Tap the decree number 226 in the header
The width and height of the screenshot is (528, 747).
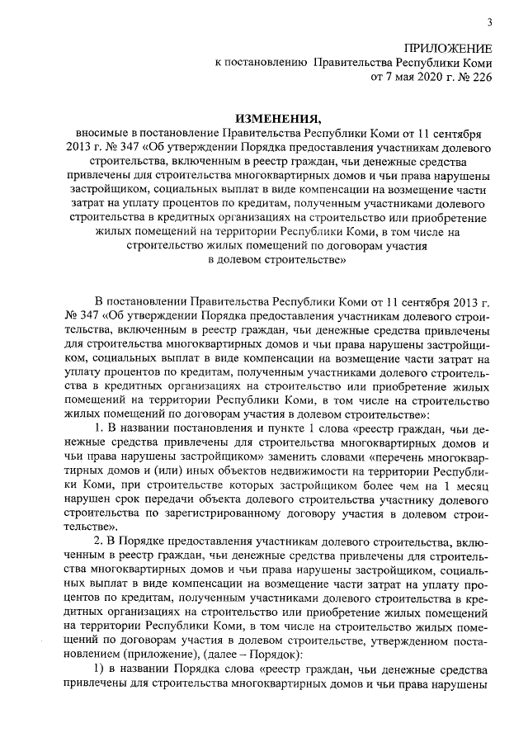480,79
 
